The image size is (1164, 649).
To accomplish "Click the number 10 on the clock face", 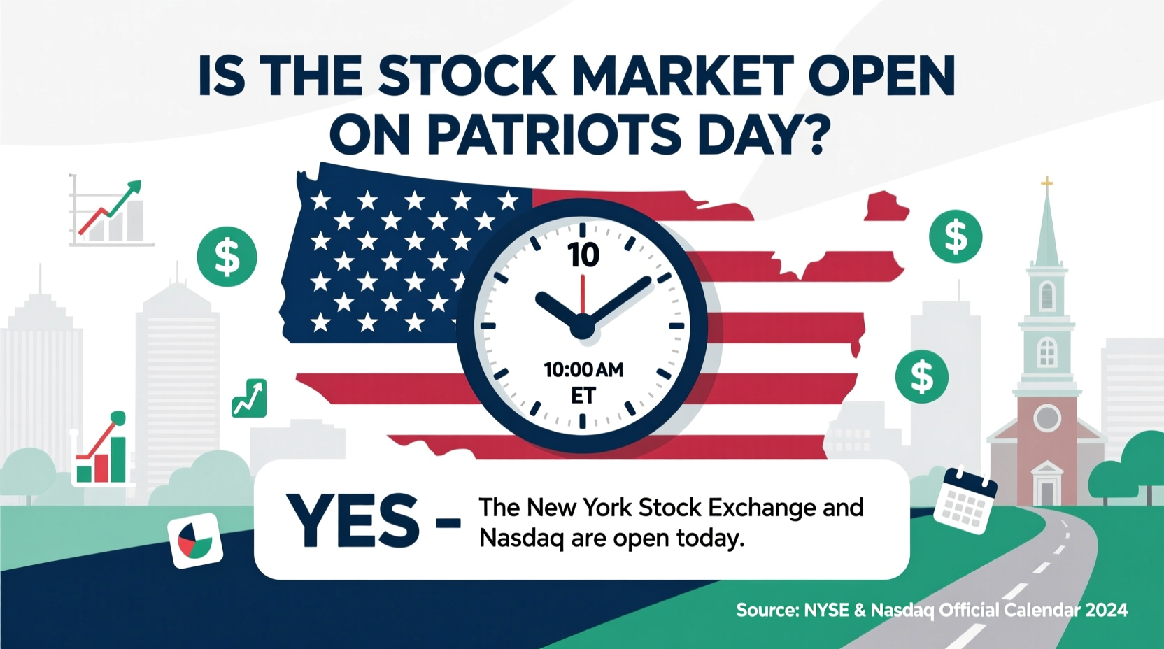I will point(583,255).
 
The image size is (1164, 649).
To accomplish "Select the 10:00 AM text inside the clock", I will point(583,369).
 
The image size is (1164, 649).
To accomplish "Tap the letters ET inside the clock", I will point(583,396).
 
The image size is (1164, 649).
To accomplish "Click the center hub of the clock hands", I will point(582,326).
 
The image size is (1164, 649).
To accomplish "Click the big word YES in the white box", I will point(353,521).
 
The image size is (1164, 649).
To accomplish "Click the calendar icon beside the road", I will point(965,500).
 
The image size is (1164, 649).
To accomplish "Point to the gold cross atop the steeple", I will point(1046,184).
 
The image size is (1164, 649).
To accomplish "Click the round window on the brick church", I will point(1046,418).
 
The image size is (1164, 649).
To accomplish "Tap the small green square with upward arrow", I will point(249,399).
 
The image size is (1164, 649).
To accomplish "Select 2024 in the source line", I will point(1107,611).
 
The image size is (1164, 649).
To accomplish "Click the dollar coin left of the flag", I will point(227,257).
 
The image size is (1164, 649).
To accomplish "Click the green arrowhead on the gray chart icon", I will point(133,188).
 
